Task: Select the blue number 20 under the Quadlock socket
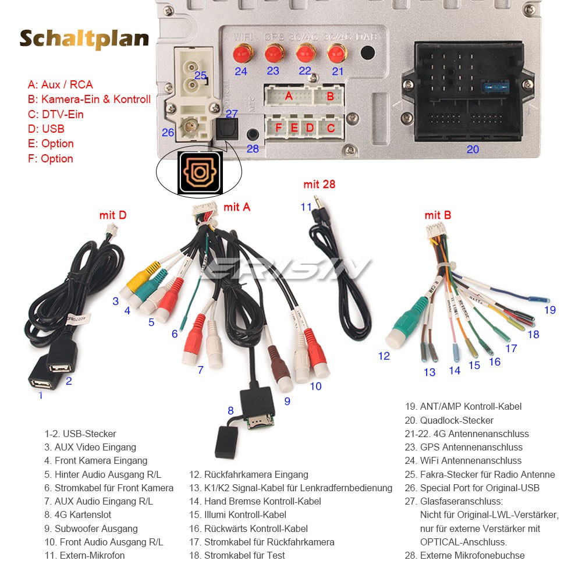(473, 150)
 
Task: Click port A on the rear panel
(289, 96)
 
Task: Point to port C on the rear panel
(330, 128)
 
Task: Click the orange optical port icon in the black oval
(200, 173)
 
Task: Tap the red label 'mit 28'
(319, 184)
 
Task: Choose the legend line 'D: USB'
(46, 129)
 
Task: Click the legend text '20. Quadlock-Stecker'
(449, 420)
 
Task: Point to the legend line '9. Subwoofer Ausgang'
(91, 528)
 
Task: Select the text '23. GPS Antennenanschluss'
(463, 447)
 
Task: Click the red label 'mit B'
(437, 215)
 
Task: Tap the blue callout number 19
(549, 310)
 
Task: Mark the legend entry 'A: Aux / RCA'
(60, 84)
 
